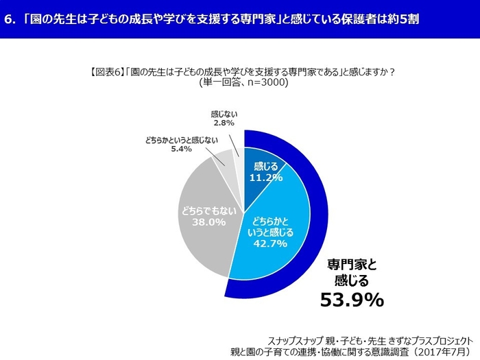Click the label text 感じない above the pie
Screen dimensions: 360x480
point(224,113)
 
